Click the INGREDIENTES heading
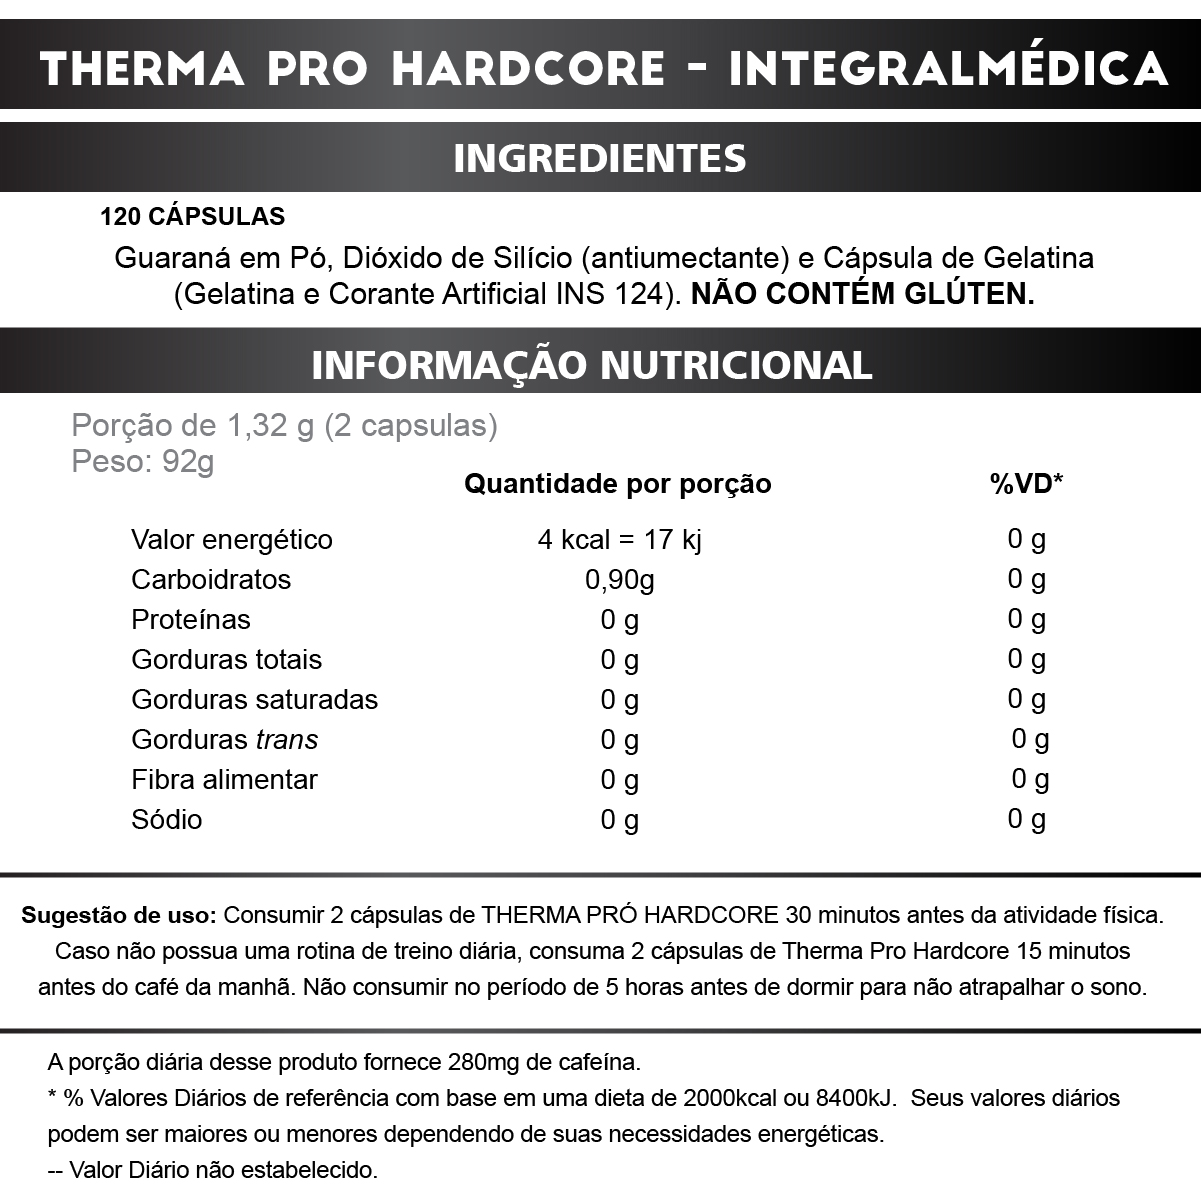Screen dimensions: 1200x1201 (x=600, y=158)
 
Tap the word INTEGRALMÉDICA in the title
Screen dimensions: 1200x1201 (x=948, y=68)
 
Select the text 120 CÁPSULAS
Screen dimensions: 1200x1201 (x=192, y=217)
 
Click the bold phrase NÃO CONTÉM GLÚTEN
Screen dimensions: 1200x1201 (x=862, y=295)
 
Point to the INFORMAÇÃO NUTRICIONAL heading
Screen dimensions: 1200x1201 (x=592, y=365)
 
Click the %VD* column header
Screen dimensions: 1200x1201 (x=1026, y=484)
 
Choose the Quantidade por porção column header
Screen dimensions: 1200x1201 (x=617, y=484)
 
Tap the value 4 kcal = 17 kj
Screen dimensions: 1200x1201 (x=619, y=540)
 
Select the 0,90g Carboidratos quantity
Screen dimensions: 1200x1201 (x=620, y=580)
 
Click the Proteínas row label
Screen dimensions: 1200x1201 (x=191, y=620)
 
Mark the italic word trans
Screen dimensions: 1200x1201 (x=287, y=740)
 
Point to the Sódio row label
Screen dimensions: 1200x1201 (x=166, y=820)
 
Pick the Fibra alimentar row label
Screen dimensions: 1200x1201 (x=224, y=780)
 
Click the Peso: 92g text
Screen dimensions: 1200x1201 (x=143, y=462)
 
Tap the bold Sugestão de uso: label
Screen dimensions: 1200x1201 (x=119, y=915)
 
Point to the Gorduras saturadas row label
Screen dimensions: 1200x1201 (x=254, y=700)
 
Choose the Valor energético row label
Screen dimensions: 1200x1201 (x=231, y=540)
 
